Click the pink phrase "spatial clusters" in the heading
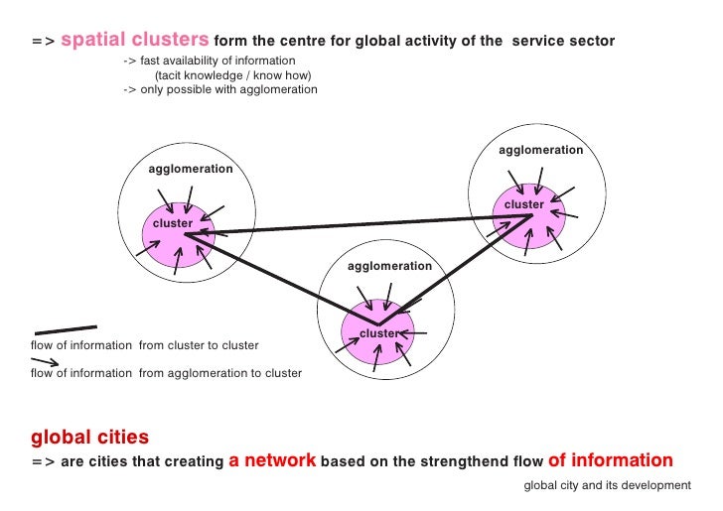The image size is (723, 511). [136, 41]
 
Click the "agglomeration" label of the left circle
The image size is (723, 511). [191, 169]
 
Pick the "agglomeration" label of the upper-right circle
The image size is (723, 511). [540, 150]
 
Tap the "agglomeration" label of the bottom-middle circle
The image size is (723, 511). [389, 266]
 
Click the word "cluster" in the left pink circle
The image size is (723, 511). [172, 223]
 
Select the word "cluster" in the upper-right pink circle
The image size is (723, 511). [523, 204]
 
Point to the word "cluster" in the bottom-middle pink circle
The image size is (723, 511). [378, 333]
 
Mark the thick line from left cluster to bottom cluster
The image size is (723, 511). [278, 279]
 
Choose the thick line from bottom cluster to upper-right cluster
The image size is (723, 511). [457, 269]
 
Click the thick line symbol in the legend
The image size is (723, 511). [66, 328]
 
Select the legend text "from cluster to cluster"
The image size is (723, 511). [199, 345]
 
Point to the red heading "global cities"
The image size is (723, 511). [90, 437]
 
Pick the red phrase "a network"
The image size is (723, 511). [272, 460]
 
